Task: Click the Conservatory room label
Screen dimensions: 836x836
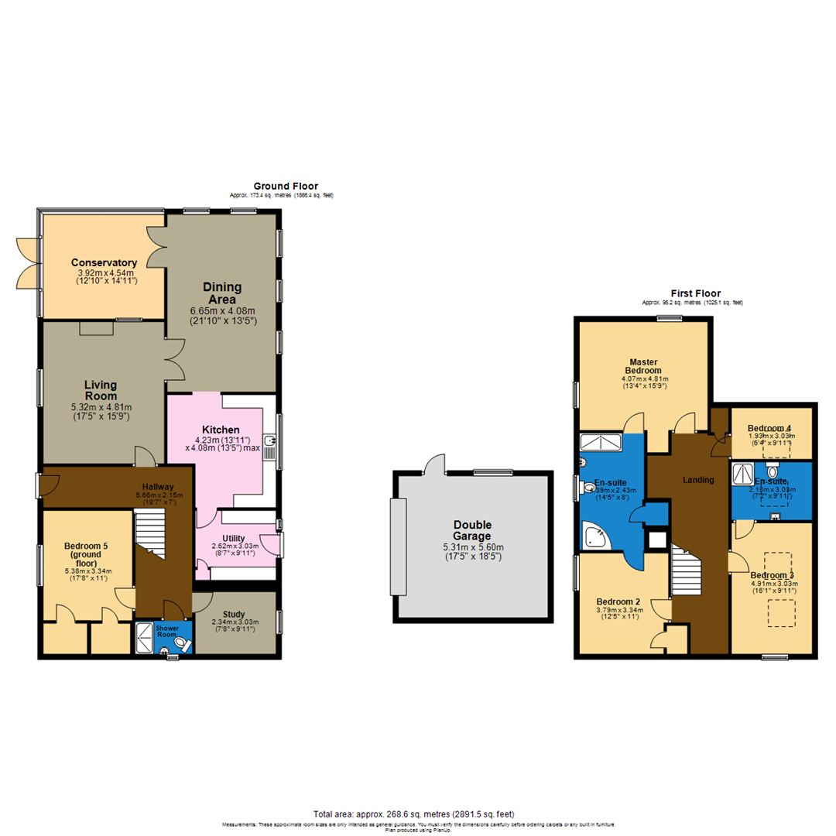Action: (104, 262)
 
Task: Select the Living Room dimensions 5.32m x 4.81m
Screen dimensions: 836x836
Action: (101, 407)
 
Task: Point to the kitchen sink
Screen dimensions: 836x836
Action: (269, 442)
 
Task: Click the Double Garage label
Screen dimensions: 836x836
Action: (473, 529)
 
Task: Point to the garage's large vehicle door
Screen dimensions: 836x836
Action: (399, 546)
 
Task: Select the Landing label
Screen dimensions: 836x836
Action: (697, 480)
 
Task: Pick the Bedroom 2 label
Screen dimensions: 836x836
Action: (617, 601)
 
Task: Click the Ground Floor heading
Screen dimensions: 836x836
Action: (286, 186)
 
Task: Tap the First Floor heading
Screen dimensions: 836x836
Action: (695, 293)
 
